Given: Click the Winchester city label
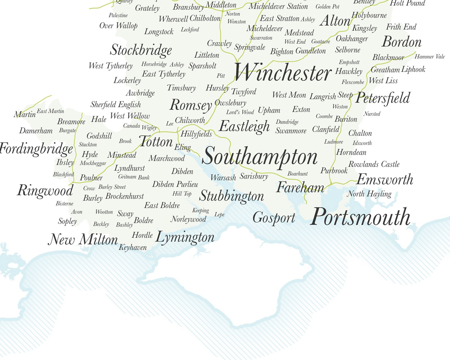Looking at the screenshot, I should click(283, 73).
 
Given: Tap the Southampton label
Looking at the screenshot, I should click(260, 156).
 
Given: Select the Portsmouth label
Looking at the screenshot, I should click(360, 217).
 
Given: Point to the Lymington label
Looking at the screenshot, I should click(185, 237).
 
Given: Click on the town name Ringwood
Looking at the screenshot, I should click(45, 190).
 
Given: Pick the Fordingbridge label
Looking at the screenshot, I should click(36, 149).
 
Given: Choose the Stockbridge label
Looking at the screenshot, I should click(141, 50).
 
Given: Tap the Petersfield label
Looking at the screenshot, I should click(383, 98).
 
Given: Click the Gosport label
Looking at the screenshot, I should click(274, 218).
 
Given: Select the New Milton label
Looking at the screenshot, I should click(83, 240).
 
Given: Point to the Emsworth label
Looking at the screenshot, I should click(385, 179).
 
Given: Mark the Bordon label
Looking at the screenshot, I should click(402, 42).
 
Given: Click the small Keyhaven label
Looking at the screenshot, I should click(133, 247).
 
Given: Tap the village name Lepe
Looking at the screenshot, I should click(219, 215).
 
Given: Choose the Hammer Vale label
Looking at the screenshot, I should click(430, 57).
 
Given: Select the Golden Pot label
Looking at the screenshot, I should click(327, 7).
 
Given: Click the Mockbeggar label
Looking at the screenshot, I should click(93, 163).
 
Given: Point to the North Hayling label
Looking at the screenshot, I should click(369, 194).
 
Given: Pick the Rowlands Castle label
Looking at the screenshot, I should click(374, 164).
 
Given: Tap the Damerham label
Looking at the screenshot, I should click(36, 131).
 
